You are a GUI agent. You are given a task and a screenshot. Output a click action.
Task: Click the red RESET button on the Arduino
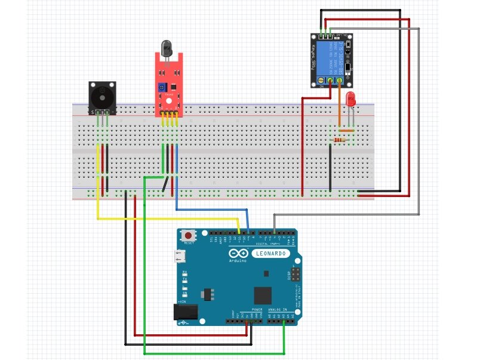[x=190, y=235]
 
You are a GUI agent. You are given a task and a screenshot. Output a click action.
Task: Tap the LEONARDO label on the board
[x=272, y=253]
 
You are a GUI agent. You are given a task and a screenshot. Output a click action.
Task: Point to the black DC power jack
[x=180, y=313]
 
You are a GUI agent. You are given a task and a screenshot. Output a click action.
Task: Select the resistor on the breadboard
[x=341, y=140]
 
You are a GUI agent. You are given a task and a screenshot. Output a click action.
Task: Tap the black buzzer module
[x=101, y=97]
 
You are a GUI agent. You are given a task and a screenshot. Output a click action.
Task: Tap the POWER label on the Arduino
[x=257, y=310]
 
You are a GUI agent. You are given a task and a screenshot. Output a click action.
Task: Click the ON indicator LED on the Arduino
[x=185, y=293]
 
